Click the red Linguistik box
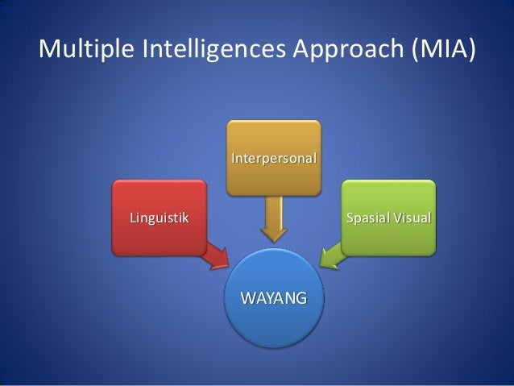[x=160, y=218]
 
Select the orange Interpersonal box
[x=274, y=158]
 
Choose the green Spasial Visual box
[x=388, y=218]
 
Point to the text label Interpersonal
[x=274, y=158]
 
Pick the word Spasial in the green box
[x=367, y=218]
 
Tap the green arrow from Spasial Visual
[x=333, y=255]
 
